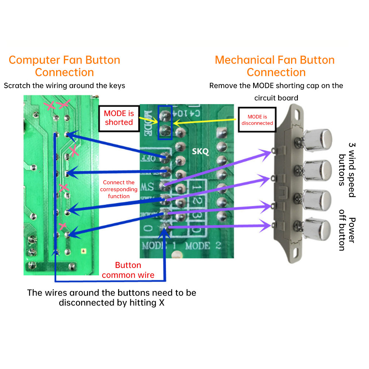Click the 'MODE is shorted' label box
pos(119,118)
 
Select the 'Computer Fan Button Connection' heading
pos(65,66)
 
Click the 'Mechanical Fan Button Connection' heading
pos(275,66)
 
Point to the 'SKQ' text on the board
pos(201,152)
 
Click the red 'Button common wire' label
pos(128,270)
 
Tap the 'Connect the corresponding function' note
pos(119,189)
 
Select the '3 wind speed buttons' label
pos(347,169)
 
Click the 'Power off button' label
pos(347,234)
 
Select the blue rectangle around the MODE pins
pos(165,123)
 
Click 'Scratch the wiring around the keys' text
pos(65,86)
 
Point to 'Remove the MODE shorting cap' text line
pos(276,86)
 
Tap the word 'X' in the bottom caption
pos(162,303)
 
